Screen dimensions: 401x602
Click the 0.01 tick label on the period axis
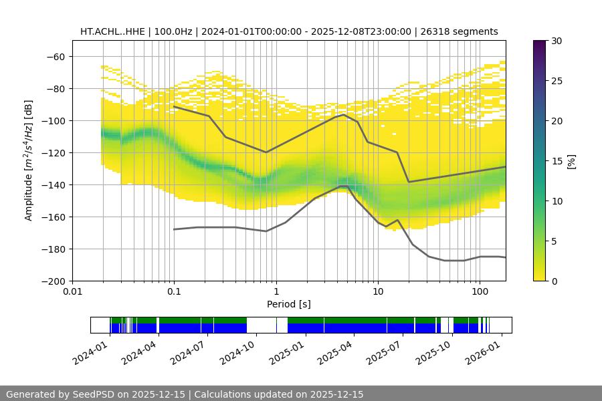click(x=72, y=292)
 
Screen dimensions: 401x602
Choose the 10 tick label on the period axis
click(x=377, y=292)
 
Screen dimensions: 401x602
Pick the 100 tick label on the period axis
click(x=479, y=292)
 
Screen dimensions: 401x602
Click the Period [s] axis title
click(x=289, y=305)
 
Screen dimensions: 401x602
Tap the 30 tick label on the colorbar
click(x=556, y=41)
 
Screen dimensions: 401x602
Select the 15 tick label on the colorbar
click(x=556, y=161)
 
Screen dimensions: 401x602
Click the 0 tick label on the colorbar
click(x=553, y=281)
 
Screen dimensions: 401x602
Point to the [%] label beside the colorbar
click(x=571, y=161)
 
